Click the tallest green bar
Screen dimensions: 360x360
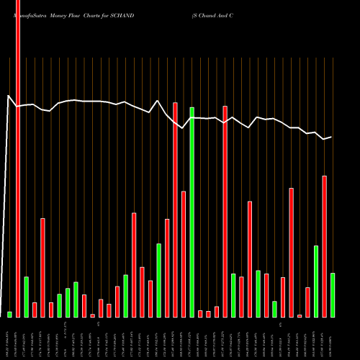point(192,212)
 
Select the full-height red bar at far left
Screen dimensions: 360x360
point(18,158)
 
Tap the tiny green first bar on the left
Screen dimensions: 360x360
point(10,314)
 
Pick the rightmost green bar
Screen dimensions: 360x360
point(333,294)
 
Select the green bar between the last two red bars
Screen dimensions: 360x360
point(316,281)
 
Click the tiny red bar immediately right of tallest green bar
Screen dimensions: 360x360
point(200,313)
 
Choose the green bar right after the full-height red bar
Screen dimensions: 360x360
point(27,297)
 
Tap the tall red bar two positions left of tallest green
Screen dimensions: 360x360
point(175,210)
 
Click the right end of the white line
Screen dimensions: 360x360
point(331,137)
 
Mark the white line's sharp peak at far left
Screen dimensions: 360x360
point(9,96)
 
